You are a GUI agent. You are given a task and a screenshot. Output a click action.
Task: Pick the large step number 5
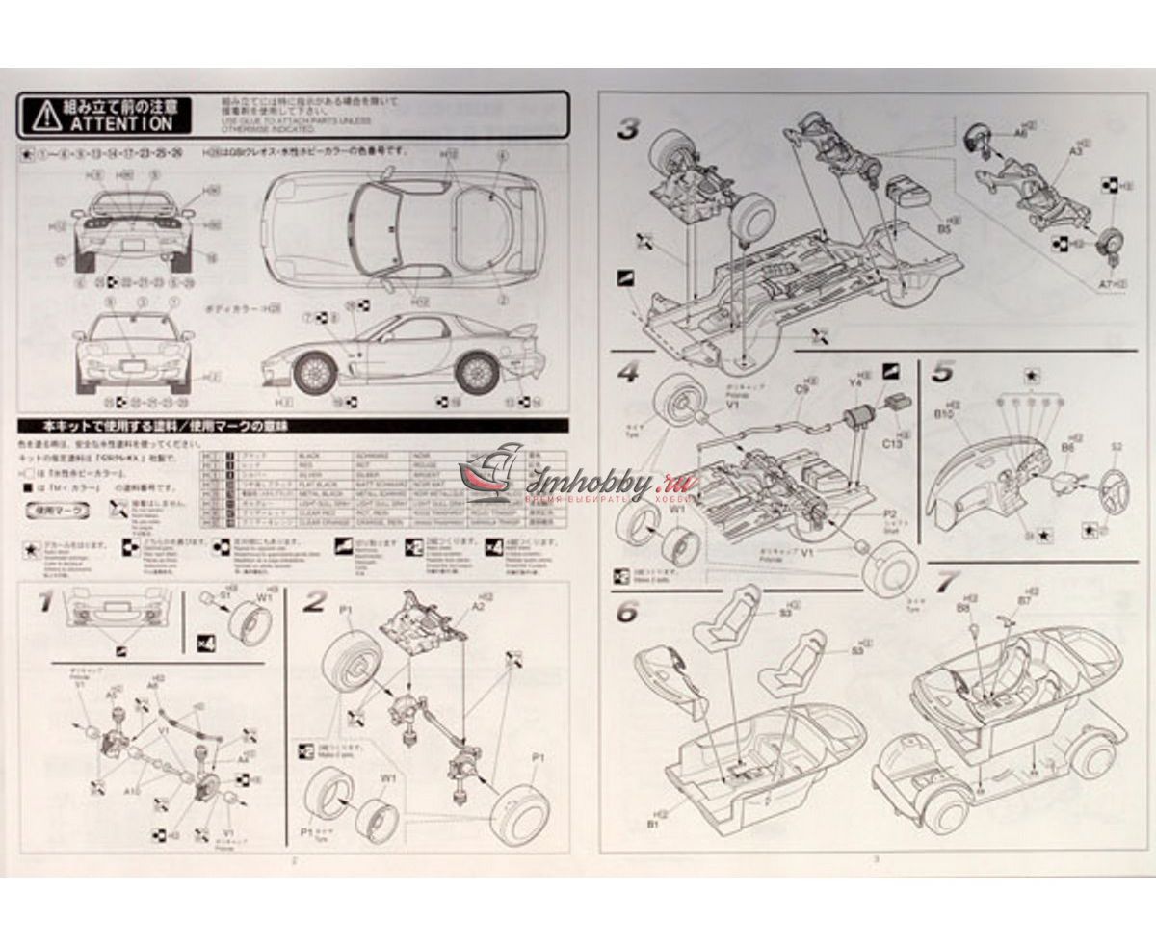tap(942, 370)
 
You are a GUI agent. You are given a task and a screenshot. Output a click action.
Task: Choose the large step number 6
tap(626, 610)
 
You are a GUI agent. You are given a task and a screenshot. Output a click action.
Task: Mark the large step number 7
tap(948, 581)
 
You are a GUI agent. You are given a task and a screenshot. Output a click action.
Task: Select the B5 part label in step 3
tap(944, 229)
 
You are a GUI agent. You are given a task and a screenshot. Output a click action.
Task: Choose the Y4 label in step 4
tap(854, 382)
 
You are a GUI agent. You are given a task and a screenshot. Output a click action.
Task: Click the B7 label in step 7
tap(1023, 600)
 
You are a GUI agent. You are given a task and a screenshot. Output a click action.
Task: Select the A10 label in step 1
tap(131, 788)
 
